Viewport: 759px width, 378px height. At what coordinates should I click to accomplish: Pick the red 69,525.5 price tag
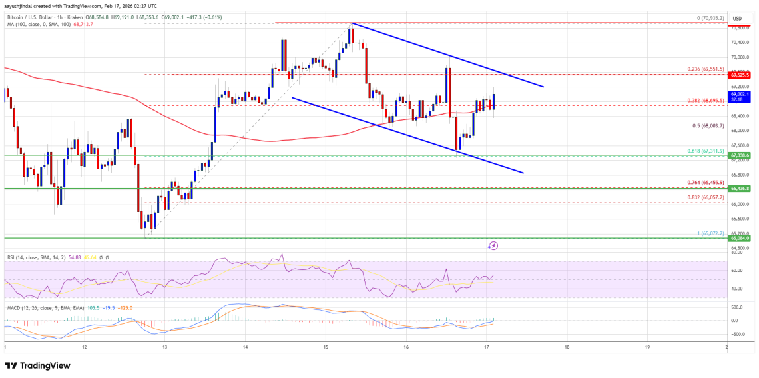pos(740,75)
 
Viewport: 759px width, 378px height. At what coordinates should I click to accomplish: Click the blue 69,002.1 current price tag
pos(740,95)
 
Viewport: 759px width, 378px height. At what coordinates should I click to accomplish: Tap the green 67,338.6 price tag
pos(740,155)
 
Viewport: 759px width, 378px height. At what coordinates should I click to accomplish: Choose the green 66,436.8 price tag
pos(740,189)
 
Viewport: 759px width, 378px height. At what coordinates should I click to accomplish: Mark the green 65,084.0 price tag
pos(740,238)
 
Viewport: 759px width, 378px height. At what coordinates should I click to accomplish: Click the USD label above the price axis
pos(738,18)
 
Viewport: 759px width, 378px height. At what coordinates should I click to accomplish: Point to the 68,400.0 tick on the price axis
pos(740,116)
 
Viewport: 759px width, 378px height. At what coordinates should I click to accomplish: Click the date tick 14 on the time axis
pos(246,347)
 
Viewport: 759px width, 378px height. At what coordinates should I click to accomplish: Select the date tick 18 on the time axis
pos(567,347)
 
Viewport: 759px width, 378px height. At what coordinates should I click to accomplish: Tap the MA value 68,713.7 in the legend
pos(85,24)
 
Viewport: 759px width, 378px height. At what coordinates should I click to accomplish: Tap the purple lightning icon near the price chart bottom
pos(493,246)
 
